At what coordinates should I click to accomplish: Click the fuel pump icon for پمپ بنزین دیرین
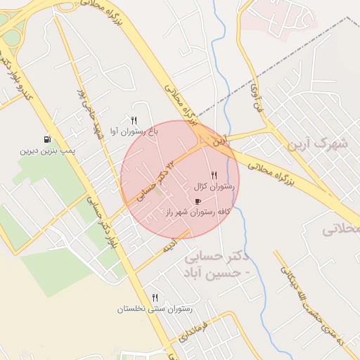47,139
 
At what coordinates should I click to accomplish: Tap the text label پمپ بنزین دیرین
48,150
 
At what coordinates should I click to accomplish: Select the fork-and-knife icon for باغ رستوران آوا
134,120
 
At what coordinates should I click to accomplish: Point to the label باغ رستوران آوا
134,131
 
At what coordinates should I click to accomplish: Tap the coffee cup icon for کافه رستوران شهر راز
197,201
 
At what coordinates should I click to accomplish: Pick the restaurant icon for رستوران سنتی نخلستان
155,297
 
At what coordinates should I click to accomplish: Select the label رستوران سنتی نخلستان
155,309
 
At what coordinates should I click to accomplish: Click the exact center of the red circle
180,179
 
